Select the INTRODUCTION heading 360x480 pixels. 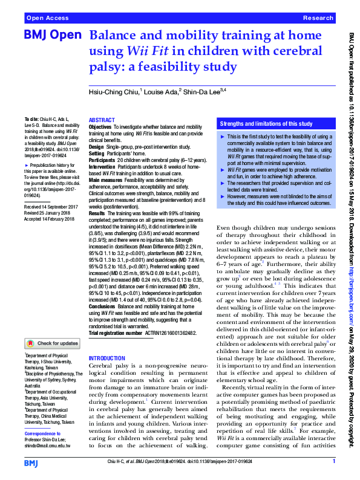pos(106,358)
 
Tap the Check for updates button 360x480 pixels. pos(51,343)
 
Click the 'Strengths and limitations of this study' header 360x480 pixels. pos(266,124)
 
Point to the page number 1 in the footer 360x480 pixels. pos(333,462)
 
